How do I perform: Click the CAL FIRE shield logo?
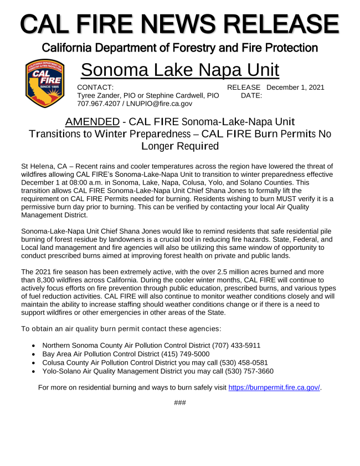pyautogui.click(x=47, y=84)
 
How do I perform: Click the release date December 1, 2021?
pyautogui.click(x=295, y=87)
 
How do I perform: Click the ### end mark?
pyautogui.click(x=179, y=402)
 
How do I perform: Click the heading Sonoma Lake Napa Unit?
pyautogui.click(x=179, y=70)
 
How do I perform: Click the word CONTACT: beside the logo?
pyautogui.click(x=95, y=87)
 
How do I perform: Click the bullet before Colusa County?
pyautogui.click(x=34, y=362)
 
